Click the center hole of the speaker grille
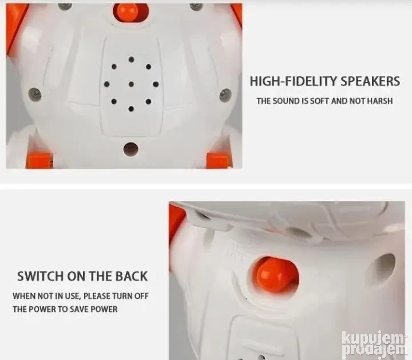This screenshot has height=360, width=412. [x=132, y=84]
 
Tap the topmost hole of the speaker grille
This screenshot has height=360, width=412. [x=132, y=60]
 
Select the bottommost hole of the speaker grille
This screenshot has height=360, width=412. [x=131, y=109]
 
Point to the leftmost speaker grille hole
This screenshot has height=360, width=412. [x=106, y=84]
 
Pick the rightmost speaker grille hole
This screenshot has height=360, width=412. [x=156, y=84]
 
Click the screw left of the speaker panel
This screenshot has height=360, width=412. [x=35, y=95]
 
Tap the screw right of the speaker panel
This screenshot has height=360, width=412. [x=225, y=95]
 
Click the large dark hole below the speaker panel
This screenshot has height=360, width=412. [x=130, y=149]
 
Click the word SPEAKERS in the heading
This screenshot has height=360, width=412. [x=370, y=81]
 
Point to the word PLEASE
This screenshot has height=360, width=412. [x=97, y=296]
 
